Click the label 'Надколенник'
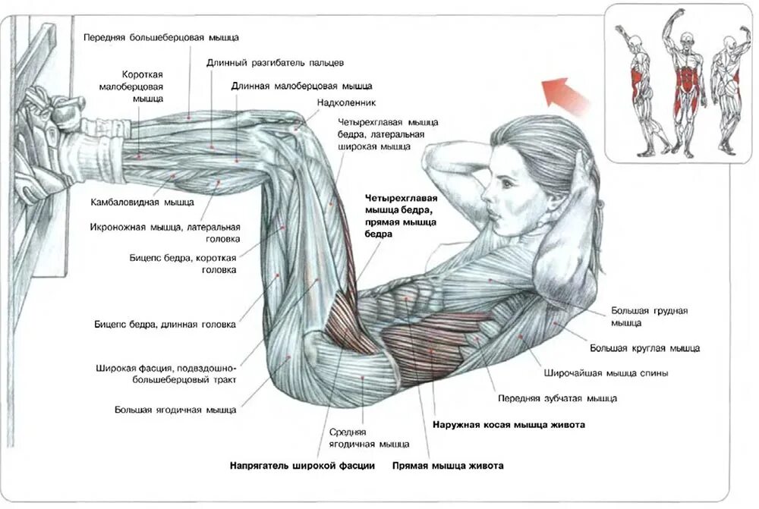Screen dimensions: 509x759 (347, 102)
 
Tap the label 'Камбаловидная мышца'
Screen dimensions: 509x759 (142, 203)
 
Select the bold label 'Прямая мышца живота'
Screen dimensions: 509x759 (448, 465)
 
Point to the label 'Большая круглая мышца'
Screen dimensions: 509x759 (645, 348)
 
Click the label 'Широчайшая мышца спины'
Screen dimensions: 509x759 (606, 373)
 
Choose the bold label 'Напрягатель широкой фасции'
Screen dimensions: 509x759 (302, 465)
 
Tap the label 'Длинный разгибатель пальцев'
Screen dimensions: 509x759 (276, 62)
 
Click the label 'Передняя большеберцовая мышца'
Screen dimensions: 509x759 (162, 36)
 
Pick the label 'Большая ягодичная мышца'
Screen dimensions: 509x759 (175, 410)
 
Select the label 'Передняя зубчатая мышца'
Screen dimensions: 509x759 (557, 397)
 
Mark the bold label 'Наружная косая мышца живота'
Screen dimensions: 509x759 (509, 425)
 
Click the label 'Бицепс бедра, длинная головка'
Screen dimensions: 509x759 (165, 325)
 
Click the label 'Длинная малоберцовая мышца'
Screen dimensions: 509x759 (301, 86)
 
